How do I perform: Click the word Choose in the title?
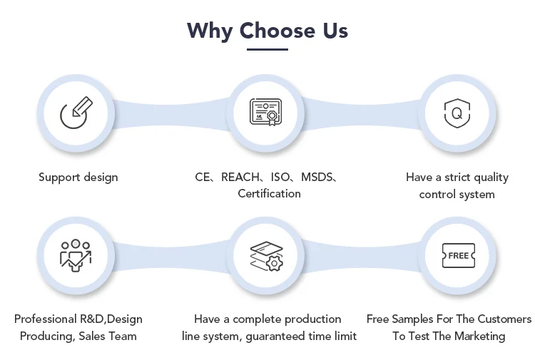click(277, 31)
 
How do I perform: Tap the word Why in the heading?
click(210, 31)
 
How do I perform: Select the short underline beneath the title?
click(267, 49)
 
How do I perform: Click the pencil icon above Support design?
click(76, 113)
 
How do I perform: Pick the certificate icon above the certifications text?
click(266, 112)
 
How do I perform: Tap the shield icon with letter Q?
click(457, 113)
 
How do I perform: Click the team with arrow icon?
click(76, 255)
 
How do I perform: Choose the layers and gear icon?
click(267, 256)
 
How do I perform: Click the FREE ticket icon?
click(458, 255)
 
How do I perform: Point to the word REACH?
click(240, 177)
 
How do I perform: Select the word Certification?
click(269, 194)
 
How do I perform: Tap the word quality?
click(491, 178)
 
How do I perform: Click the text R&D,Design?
click(111, 319)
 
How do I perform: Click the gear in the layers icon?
click(275, 264)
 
